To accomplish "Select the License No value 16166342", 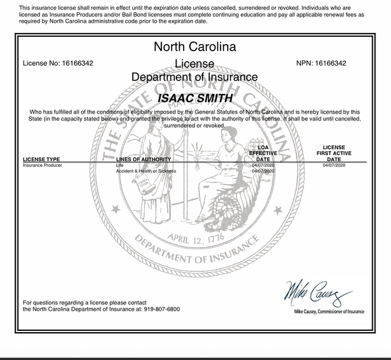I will (x=79, y=63).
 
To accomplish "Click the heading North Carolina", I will (x=195, y=47).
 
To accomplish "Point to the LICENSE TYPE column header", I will (x=41, y=159).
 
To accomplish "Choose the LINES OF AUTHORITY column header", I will (x=143, y=159).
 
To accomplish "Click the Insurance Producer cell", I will (x=43, y=166).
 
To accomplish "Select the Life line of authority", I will (x=120, y=166).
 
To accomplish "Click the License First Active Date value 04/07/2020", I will (x=335, y=166).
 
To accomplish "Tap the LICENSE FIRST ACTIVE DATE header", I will (x=335, y=153).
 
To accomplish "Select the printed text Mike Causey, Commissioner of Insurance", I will (x=329, y=312).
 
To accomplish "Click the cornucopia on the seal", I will (x=243, y=208).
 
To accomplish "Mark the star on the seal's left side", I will (x=115, y=209).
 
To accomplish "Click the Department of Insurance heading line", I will (x=195, y=77).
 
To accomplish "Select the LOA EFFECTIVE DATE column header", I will (x=263, y=153).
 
